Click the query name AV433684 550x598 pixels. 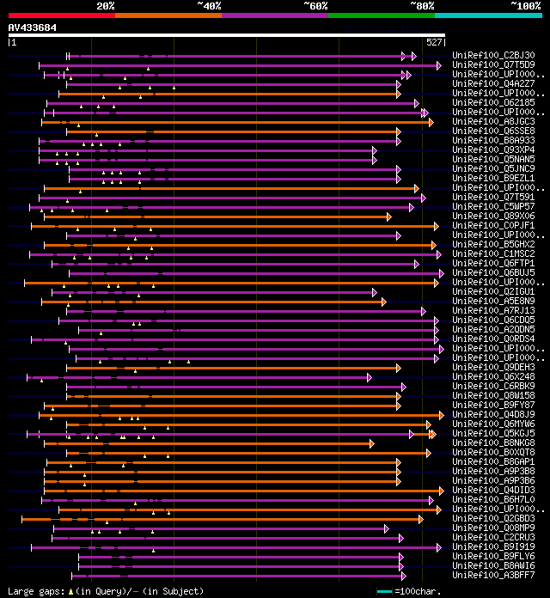point(33,27)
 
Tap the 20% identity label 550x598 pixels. point(106,5)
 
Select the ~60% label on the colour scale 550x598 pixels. point(315,5)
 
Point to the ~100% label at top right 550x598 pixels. point(525,5)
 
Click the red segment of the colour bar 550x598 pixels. point(61,15)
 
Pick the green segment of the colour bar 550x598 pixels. point(381,15)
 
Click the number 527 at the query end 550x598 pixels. point(434,42)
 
